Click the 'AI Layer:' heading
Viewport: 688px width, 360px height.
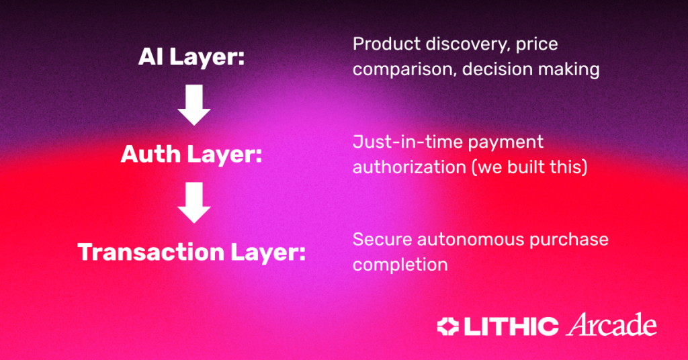click(191, 58)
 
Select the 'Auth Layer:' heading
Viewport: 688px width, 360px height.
click(191, 154)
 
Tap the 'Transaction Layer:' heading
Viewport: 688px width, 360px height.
click(191, 253)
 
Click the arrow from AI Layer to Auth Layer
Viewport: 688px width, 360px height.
click(194, 105)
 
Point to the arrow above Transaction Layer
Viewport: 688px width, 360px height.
click(194, 203)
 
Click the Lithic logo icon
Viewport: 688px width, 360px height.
click(448, 326)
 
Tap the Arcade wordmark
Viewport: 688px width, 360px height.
click(611, 325)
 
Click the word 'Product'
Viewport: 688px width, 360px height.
click(386, 44)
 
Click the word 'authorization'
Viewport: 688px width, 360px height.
click(409, 167)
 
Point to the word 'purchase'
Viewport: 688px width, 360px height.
click(568, 240)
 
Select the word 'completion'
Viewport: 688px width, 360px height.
click(400, 265)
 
